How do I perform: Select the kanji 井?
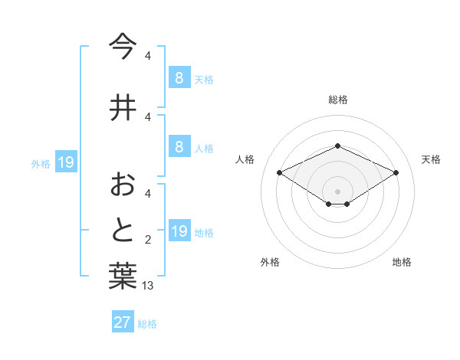coord(123,108)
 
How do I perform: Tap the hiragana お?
coord(123,185)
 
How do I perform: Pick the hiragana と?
coord(123,231)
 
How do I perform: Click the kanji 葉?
coord(123,277)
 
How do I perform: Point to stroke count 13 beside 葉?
coord(149,286)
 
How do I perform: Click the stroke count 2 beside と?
coord(148,241)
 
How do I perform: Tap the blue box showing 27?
coord(123,322)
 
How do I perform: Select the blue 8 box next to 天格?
coord(179,78)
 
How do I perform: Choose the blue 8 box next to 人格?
coord(179,147)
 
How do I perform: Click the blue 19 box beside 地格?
coord(180,231)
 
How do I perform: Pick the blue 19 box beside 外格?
coord(65,162)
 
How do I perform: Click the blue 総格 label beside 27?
coord(148,324)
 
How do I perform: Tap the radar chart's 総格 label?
coord(337,100)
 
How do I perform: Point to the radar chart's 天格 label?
coord(431,159)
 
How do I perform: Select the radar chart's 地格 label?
coord(402,262)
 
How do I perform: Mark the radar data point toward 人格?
coord(280,172)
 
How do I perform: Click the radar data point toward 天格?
coord(396,172)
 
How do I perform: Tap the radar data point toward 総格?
coord(337,146)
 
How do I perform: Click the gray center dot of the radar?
coord(337,191)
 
